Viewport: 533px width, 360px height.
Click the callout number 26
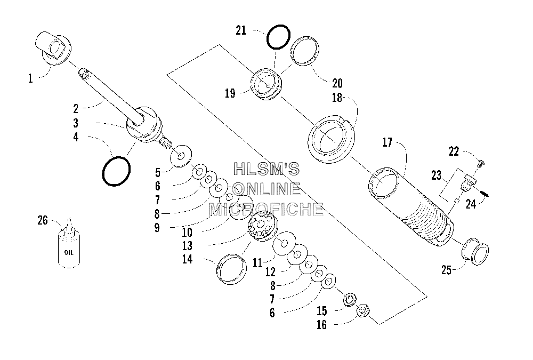point(43,220)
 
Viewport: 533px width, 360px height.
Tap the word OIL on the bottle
point(69,252)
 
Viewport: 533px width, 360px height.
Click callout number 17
point(387,142)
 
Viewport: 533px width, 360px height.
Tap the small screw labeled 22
point(481,164)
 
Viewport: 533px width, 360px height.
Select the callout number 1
point(30,78)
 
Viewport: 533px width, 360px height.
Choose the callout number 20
point(337,83)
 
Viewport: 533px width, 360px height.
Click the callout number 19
point(230,93)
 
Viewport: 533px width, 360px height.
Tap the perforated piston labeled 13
point(262,226)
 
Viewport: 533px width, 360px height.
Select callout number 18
point(337,98)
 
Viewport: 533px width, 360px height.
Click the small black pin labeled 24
point(486,193)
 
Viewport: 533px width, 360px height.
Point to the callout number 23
point(436,175)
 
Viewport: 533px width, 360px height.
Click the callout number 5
point(158,173)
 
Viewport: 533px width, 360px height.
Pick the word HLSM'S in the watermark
point(266,169)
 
